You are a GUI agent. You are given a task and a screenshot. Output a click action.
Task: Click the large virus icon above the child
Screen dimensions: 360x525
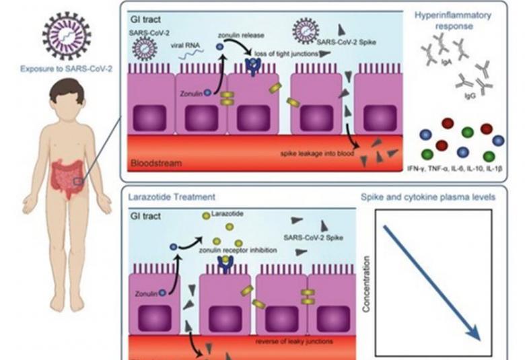pyautogui.click(x=65, y=35)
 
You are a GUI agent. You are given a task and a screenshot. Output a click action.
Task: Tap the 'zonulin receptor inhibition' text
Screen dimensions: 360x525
pyautogui.click(x=238, y=249)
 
